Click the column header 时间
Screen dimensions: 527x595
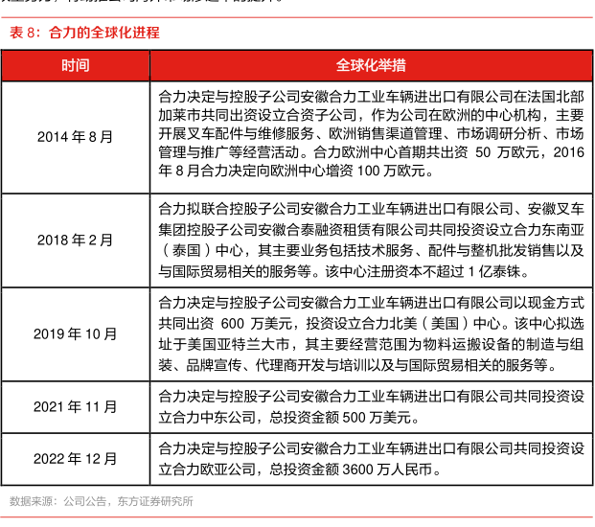76,65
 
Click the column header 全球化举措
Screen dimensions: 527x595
370,65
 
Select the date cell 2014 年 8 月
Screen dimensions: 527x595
76,137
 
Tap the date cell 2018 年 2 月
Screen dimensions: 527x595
76,239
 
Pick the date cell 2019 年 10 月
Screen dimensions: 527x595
76,333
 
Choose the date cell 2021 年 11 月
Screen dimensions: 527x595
76,406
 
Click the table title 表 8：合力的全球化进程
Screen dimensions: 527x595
84,33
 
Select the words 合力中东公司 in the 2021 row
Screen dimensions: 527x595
209,417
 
